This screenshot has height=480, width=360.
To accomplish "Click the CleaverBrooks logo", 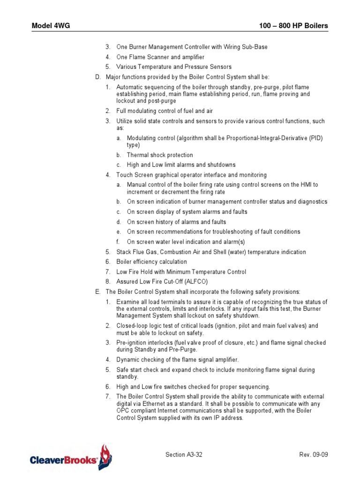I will point(71,457).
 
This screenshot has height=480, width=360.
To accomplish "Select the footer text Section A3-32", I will point(184,455).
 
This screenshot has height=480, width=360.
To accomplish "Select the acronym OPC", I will point(123,411).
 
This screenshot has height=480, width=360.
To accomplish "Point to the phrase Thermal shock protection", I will point(160,155).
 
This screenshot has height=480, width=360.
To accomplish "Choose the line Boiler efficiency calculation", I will point(151,262).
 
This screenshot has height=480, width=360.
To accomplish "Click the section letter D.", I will point(97,77).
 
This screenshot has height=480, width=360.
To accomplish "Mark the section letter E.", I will point(97,292).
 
